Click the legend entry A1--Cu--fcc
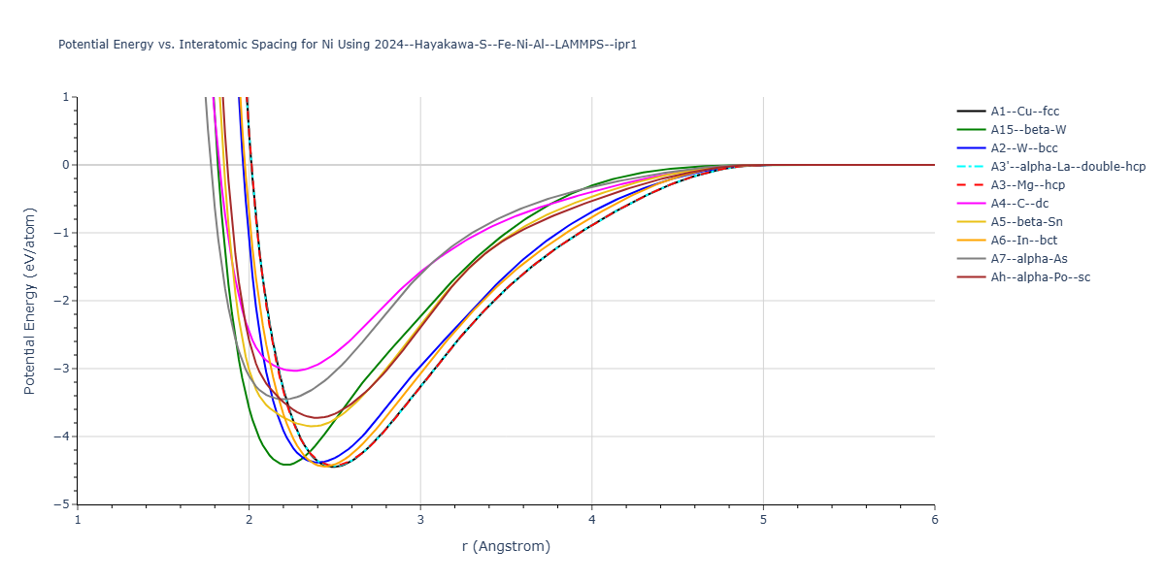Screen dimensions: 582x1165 (x=1024, y=112)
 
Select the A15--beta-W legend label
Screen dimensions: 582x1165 (x=1029, y=130)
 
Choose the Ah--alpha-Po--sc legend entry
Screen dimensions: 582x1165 (x=1040, y=277)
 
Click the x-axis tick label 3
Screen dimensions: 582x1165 (x=420, y=519)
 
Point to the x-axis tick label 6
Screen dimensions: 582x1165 (x=935, y=519)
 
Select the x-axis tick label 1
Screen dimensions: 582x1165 (x=78, y=519)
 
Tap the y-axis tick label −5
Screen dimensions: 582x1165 (x=63, y=504)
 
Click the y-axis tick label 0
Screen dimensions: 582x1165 (x=67, y=165)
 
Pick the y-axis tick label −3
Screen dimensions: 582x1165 (x=63, y=369)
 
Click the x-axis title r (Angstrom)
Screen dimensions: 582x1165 (x=506, y=546)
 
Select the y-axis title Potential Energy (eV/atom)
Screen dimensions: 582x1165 (x=29, y=300)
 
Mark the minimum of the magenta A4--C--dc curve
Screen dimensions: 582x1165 (x=293, y=371)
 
